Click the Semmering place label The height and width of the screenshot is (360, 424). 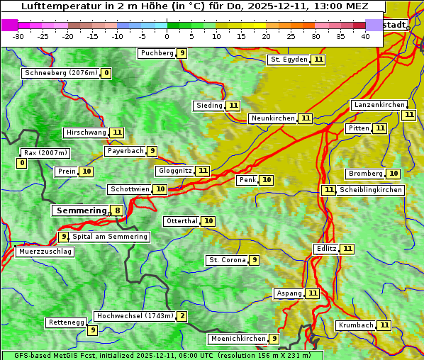pos(80,210)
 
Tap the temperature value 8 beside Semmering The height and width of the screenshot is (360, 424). pos(117,210)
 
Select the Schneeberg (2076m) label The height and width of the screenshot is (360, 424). pos(60,73)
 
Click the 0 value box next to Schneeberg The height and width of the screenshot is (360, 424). pos(106,73)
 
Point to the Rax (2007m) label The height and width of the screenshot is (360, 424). pos(45,152)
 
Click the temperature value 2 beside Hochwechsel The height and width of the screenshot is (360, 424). pos(182,316)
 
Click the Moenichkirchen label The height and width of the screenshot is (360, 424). pos(238,339)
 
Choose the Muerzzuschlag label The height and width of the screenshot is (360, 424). pos(45,252)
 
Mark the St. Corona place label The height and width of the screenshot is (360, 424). pos(227,260)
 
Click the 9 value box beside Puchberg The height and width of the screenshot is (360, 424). pos(182,53)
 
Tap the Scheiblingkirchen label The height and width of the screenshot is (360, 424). pos(370,190)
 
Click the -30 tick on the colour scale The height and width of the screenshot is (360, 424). pos(18,36)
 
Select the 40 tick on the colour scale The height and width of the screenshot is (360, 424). pos(365,36)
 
